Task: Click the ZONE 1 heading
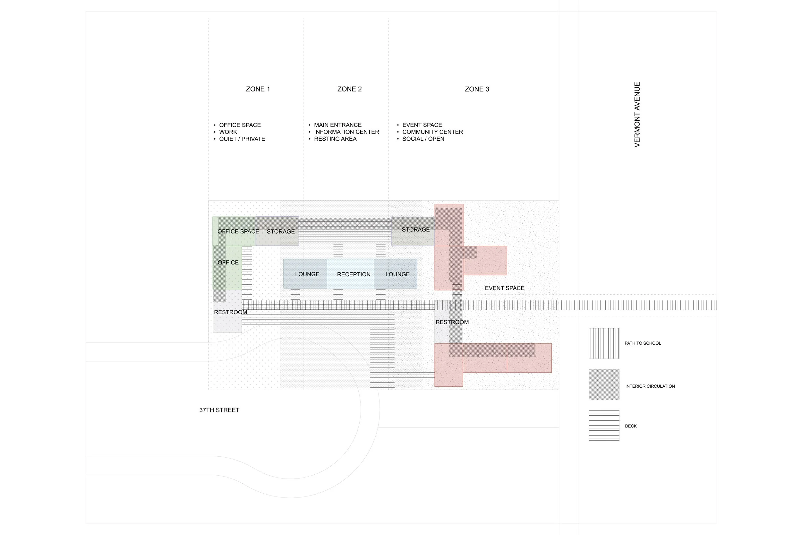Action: point(258,89)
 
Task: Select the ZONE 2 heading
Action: point(349,89)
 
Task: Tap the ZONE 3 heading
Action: point(477,89)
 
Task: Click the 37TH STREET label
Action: point(219,410)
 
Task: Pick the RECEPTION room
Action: point(354,274)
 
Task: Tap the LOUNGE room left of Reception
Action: point(307,274)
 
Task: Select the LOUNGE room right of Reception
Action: point(397,274)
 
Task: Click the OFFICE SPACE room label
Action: point(238,231)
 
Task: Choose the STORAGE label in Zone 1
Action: point(281,231)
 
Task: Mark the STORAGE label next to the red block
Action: point(416,229)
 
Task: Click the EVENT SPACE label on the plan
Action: point(504,288)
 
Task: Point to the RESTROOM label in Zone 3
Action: point(452,322)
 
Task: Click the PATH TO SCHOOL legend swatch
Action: point(604,343)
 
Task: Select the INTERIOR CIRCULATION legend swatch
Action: point(604,384)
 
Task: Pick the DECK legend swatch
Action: point(604,426)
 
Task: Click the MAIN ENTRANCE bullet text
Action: point(337,125)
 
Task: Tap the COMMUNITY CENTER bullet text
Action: point(432,132)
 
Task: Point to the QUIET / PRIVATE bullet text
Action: point(242,139)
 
